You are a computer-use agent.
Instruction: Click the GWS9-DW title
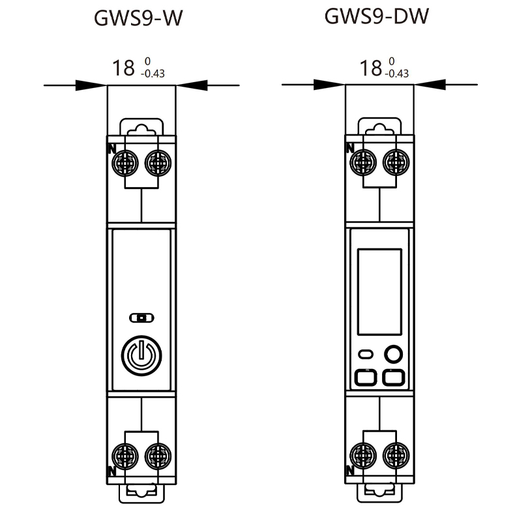click(x=377, y=17)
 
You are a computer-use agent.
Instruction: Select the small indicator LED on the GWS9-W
click(x=141, y=317)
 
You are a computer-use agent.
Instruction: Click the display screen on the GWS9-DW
click(x=379, y=291)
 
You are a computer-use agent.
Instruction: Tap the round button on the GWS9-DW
click(x=393, y=354)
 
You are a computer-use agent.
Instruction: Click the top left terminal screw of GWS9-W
click(x=124, y=162)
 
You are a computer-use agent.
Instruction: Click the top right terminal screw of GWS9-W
click(x=157, y=162)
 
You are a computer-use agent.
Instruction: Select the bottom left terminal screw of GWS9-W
click(x=124, y=454)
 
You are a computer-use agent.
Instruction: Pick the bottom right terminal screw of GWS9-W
click(x=157, y=454)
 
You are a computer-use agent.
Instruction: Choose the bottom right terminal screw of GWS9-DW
click(x=395, y=454)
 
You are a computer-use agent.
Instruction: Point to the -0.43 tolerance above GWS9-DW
click(x=397, y=73)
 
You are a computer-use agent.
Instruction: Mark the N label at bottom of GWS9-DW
click(x=349, y=469)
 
